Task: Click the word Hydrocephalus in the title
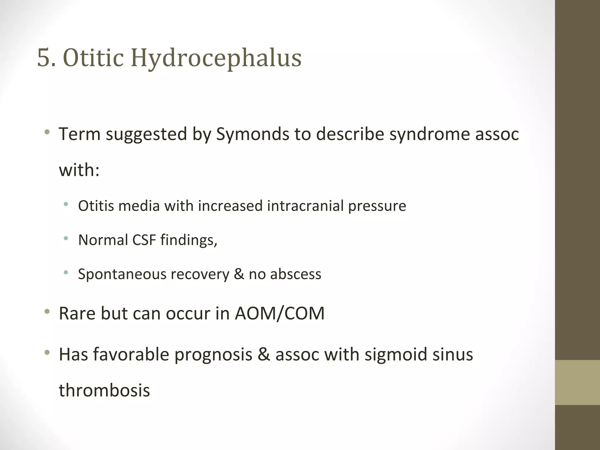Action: (216, 58)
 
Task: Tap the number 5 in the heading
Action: (43, 58)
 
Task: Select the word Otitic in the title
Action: (93, 58)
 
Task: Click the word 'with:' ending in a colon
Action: (79, 170)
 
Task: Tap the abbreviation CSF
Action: (144, 240)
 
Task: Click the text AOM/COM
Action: (279, 313)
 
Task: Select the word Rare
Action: (77, 313)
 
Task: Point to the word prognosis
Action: (213, 354)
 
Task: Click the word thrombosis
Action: (104, 390)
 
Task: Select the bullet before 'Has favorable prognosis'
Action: (47, 353)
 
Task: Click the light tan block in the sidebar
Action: (577, 382)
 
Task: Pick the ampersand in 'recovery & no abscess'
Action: (239, 274)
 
